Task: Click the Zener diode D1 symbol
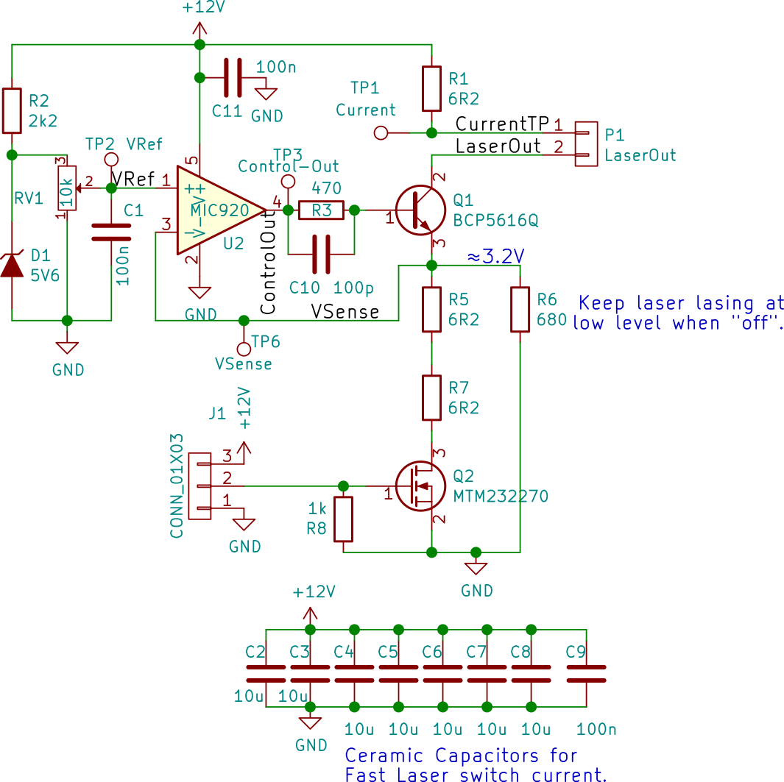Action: coord(12,265)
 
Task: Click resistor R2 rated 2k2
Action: coord(12,110)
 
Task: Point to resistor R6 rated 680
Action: coord(520,310)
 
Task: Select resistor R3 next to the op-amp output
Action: coord(321,210)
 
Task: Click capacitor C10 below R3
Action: coord(321,254)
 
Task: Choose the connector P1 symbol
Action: coord(586,143)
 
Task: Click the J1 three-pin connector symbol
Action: coord(199,486)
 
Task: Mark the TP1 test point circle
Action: coord(381,133)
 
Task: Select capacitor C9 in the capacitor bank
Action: coord(586,673)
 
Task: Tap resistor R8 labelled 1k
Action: coord(343,519)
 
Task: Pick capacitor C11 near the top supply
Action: coord(233,77)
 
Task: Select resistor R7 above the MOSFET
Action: coord(432,398)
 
